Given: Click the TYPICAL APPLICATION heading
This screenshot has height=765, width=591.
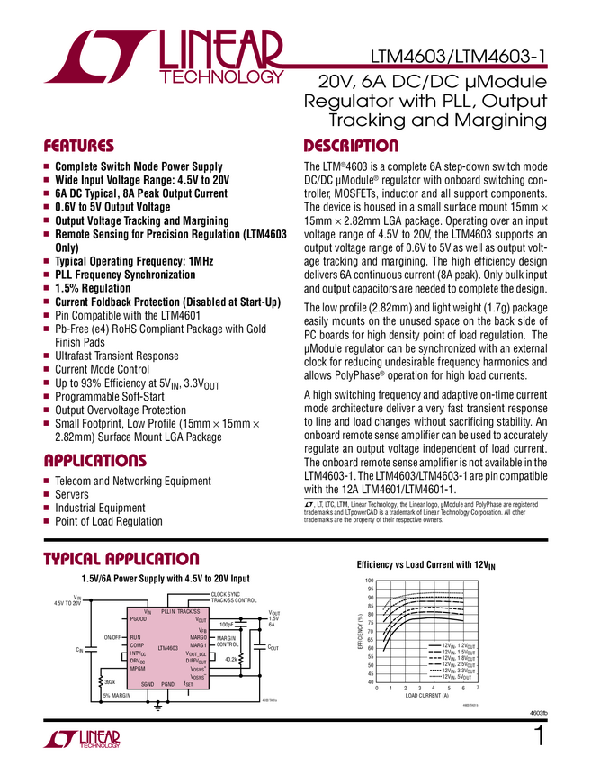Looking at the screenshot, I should point(121,560).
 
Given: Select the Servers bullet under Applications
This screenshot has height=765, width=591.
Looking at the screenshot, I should point(76,495).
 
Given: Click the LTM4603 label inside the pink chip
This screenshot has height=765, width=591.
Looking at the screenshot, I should point(167,648).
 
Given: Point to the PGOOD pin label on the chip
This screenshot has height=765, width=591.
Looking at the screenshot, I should point(139,620).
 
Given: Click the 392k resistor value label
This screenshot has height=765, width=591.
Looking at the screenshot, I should point(110,681).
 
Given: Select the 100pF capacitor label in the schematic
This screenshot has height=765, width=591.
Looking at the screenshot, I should point(226,624).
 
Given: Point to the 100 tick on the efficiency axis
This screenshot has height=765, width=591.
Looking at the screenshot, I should point(369,581).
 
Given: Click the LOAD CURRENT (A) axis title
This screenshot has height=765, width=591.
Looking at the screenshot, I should point(426,696).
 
